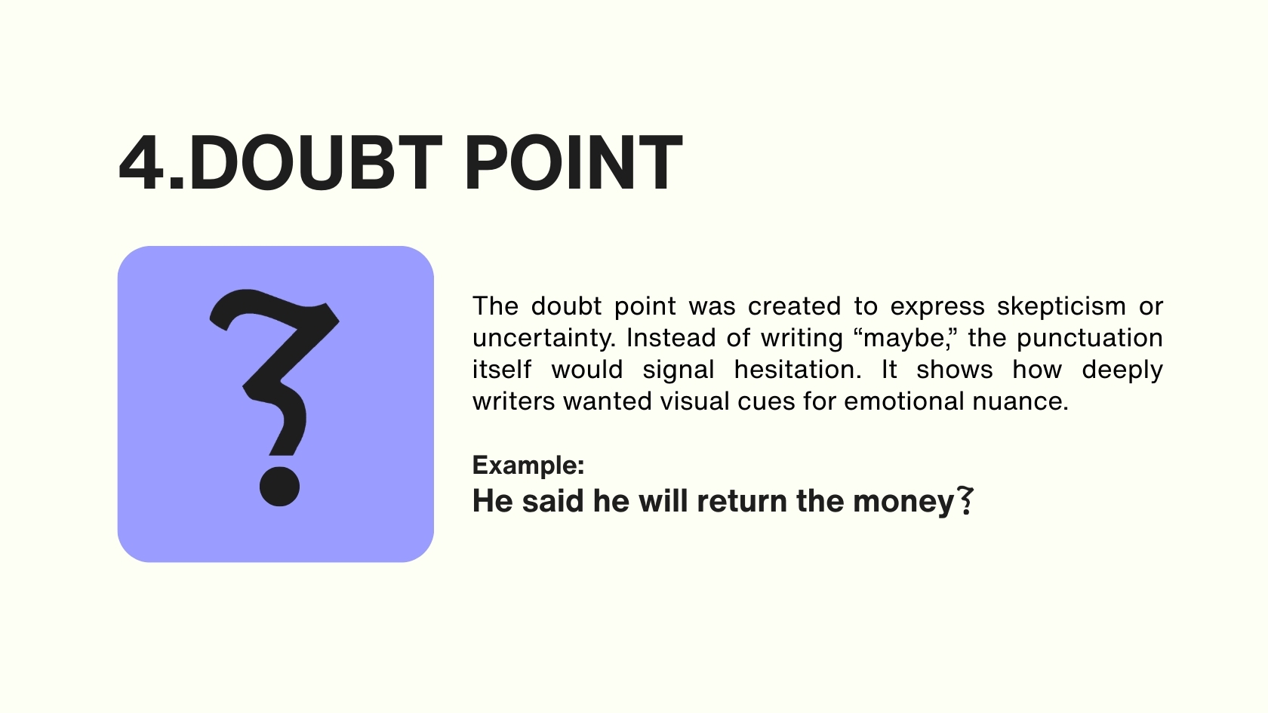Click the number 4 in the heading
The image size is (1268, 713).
142,163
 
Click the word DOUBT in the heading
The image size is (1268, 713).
315,163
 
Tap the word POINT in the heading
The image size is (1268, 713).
574,163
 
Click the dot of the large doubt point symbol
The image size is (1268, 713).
279,486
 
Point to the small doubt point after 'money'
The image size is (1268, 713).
965,501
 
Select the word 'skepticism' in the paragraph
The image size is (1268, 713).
1061,306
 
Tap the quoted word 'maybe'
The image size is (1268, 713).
904,338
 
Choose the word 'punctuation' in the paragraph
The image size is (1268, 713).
1090,338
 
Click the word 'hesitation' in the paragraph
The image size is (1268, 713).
798,370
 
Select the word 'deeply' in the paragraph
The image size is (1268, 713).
1122,370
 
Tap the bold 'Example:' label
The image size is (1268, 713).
528,466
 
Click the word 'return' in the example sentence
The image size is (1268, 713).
741,502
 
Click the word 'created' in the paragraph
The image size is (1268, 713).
794,306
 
